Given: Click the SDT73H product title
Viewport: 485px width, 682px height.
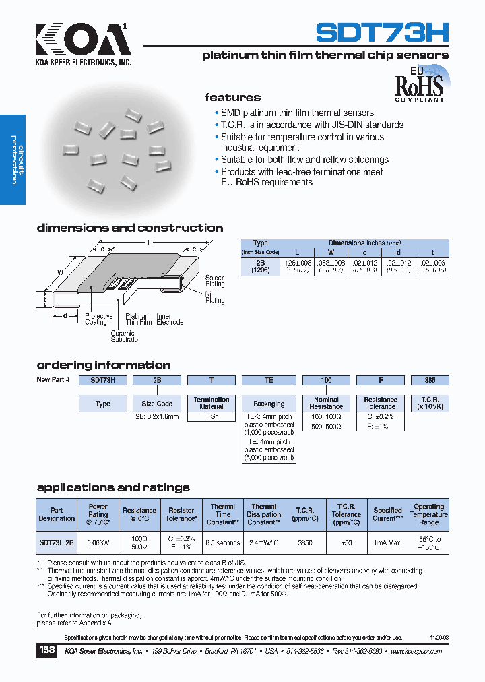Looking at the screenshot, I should [x=383, y=32].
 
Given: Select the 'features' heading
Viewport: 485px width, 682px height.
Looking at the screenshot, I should [x=232, y=98].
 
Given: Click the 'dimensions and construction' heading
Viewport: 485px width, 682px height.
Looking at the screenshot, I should [x=130, y=228].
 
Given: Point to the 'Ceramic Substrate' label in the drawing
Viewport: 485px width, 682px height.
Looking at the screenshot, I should [x=124, y=336].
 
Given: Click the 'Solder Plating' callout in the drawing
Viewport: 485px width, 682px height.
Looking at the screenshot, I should [x=215, y=281].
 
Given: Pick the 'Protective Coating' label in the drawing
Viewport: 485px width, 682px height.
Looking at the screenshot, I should [x=99, y=319].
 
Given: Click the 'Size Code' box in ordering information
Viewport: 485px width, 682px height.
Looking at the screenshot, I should [x=157, y=404].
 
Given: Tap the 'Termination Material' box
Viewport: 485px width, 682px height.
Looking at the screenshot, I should [x=212, y=403].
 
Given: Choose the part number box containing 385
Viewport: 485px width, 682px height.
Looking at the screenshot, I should [x=430, y=380].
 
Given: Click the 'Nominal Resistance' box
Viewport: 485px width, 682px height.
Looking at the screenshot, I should [x=326, y=403].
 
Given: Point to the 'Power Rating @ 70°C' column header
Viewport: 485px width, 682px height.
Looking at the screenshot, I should [x=98, y=514].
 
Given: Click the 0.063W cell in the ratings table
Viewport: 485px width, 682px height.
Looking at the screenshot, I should [x=98, y=542].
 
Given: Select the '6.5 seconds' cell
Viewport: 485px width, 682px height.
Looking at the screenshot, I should [x=223, y=542].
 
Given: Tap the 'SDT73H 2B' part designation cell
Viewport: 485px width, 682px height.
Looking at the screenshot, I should [x=57, y=542].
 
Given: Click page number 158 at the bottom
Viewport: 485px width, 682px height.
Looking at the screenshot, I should [x=47, y=651].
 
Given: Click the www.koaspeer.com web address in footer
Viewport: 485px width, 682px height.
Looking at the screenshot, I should [x=416, y=652].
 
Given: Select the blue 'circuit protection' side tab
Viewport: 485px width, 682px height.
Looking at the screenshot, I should [x=13, y=160].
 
